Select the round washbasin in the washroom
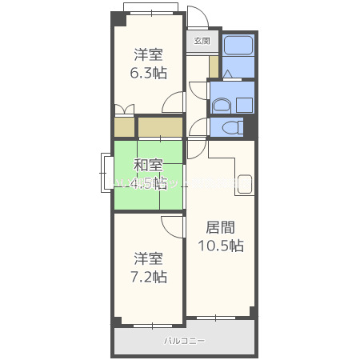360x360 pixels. tap(222, 104)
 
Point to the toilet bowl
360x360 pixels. tap(232, 127)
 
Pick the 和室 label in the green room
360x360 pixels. tap(149, 166)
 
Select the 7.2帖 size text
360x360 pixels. tap(150, 277)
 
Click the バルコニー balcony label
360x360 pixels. tap(185, 341)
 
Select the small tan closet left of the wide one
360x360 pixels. tap(123, 127)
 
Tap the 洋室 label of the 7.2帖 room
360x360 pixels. tap(150, 258)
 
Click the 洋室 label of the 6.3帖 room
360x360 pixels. tap(150, 54)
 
